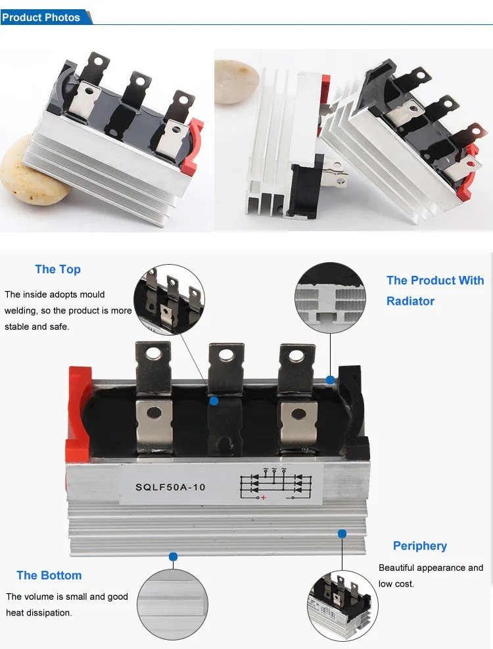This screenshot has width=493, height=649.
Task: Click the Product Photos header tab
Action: coord(41,18)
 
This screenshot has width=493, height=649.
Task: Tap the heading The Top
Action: coord(58,269)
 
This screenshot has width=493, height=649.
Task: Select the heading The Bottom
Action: coord(49,575)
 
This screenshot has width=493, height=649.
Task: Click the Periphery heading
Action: coord(420,546)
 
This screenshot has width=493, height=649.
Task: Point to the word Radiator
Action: coord(410,301)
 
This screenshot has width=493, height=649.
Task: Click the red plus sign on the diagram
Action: coord(264,499)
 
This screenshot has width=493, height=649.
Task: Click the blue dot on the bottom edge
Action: coord(173,556)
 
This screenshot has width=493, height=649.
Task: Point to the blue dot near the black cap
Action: coord(331,380)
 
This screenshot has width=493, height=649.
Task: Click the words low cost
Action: coord(396,584)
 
